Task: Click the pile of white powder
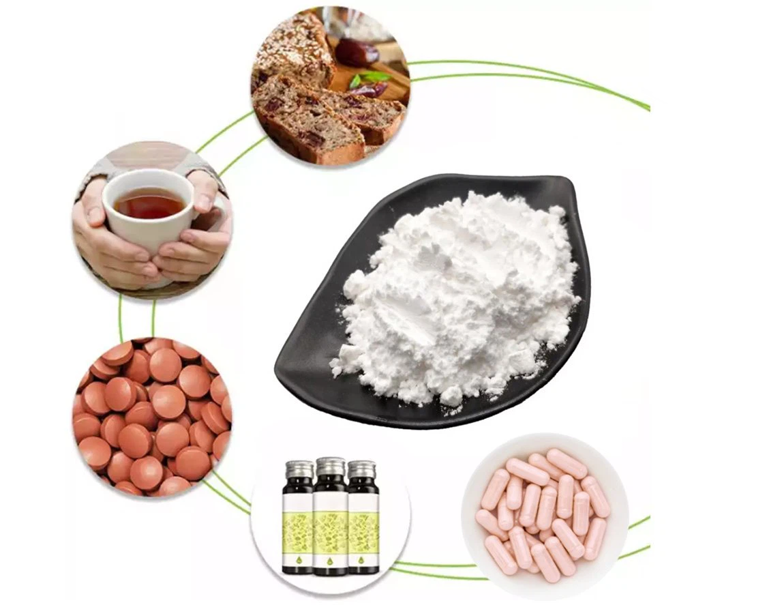point(457,293)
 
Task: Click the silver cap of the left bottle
point(299,469)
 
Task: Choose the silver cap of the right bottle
point(361,469)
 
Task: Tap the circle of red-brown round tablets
point(151,416)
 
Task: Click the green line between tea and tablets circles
point(121,317)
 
